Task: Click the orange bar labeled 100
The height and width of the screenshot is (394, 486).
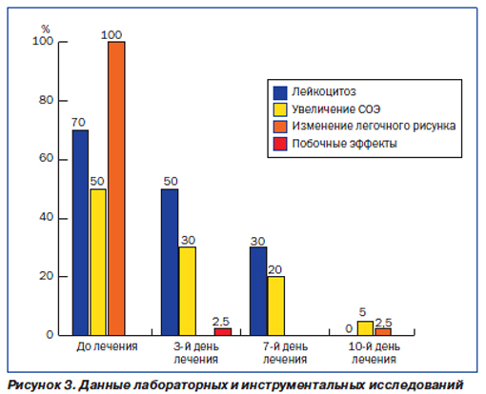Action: (116, 188)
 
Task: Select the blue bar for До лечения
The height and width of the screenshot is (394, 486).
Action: (80, 232)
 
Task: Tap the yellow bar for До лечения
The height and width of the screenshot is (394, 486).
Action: (98, 262)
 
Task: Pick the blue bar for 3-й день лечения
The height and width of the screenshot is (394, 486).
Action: (170, 262)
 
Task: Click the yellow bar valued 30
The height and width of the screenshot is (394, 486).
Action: (188, 291)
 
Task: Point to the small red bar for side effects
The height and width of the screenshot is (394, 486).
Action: (223, 332)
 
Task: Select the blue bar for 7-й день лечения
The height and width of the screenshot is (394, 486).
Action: (258, 291)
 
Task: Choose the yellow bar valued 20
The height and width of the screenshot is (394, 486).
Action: (276, 305)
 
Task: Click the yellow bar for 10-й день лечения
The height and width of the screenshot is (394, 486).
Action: (365, 328)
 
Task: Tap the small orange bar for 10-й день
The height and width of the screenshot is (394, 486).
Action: (383, 332)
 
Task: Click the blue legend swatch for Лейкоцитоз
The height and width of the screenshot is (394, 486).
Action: (280, 92)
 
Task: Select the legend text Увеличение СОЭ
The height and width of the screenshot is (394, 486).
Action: (336, 109)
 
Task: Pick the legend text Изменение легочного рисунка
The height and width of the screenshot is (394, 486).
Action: (374, 126)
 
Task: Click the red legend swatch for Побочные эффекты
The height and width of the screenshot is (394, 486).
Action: (280, 144)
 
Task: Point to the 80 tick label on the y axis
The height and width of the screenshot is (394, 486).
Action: (46, 100)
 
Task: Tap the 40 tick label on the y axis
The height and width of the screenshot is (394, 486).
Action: (46, 217)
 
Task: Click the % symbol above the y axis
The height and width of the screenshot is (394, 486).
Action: (46, 30)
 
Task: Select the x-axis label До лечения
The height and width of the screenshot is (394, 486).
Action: (107, 346)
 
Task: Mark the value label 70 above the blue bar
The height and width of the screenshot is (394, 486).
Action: (78, 122)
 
